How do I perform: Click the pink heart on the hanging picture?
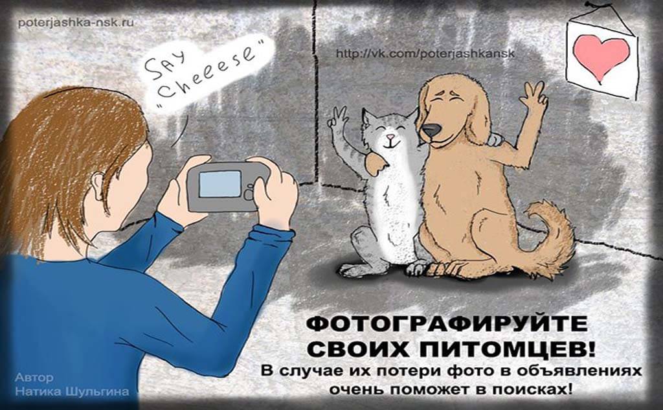tap(601, 56)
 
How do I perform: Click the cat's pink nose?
tap(391, 137)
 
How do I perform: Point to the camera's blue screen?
tap(220, 184)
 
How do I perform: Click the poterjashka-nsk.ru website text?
tap(76, 22)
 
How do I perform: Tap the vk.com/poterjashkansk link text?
tap(425, 54)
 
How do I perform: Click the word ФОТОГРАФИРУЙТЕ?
tap(447, 324)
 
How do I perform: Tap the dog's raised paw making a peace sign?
tap(533, 97)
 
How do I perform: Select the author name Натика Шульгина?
tap(72, 392)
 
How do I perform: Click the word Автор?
tap(34, 377)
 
